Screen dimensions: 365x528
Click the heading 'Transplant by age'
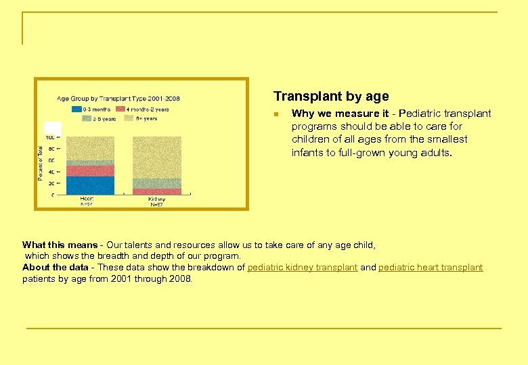tap(331, 97)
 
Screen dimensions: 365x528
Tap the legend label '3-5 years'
tap(104, 119)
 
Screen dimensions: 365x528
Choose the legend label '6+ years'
tap(147, 119)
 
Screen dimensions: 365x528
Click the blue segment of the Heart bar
tap(90, 185)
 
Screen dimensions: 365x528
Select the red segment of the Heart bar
tap(90, 170)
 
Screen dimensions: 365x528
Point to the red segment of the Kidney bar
tap(157, 192)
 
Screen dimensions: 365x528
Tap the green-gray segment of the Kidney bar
tap(157, 183)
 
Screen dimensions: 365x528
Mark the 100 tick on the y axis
tap(49, 137)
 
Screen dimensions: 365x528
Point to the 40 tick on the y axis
tap(51, 172)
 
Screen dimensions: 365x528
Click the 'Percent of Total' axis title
tap(40, 160)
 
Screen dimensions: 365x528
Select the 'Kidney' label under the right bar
tap(156, 199)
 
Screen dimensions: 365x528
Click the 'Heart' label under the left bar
tap(87, 199)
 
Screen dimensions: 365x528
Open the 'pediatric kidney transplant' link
tap(302, 268)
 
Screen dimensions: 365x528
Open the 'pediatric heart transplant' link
tap(431, 268)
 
